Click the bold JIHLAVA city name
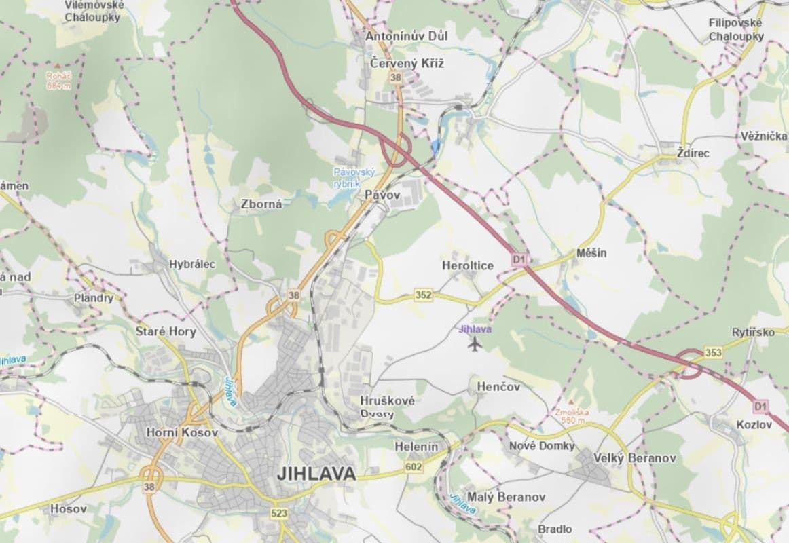[x=316, y=474]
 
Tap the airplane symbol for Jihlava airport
[x=474, y=344]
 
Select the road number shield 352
[x=423, y=295]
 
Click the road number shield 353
[x=713, y=352]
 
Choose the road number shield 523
[x=278, y=514]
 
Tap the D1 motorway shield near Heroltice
[x=519, y=259]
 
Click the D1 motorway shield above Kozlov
[x=760, y=406]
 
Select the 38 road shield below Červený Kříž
[x=396, y=78]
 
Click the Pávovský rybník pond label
[x=354, y=178]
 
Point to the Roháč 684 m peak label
[x=58, y=81]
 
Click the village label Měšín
[x=591, y=253]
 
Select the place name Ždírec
[x=693, y=153]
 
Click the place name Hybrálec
[x=192, y=265]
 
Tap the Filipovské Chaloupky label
[x=736, y=30]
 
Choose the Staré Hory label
[x=166, y=331]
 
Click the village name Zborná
[x=261, y=203]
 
